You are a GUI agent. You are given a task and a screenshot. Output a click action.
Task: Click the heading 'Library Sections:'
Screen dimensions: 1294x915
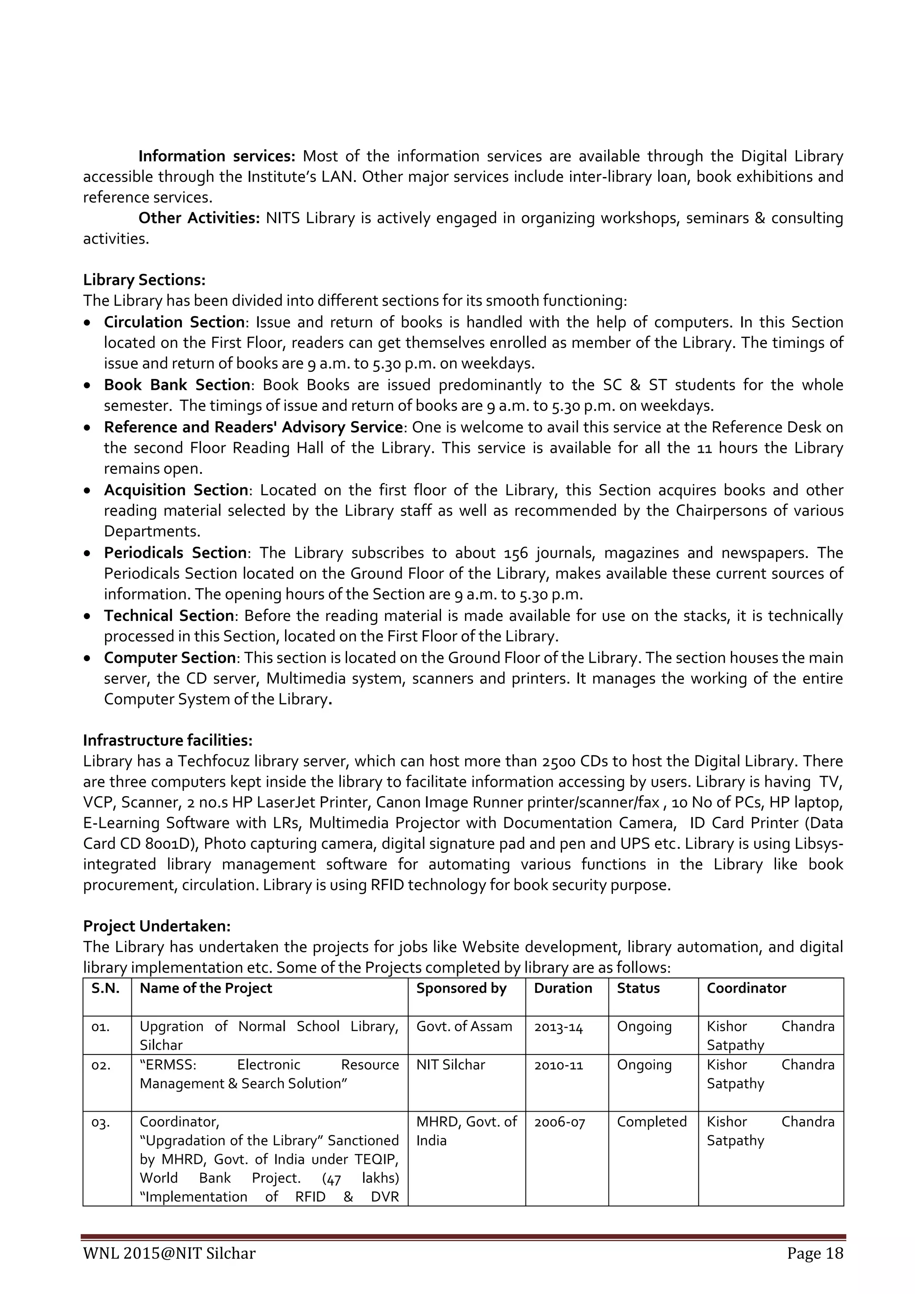[x=144, y=280]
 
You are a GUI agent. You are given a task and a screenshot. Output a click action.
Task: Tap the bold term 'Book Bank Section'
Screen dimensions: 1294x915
[x=177, y=385]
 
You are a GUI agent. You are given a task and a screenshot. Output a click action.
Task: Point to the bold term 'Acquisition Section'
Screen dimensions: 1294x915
[x=176, y=490]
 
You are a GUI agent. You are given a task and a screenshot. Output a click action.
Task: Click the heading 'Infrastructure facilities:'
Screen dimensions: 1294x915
[x=168, y=740]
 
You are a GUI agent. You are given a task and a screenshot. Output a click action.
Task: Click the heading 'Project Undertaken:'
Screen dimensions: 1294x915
[x=157, y=926]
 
